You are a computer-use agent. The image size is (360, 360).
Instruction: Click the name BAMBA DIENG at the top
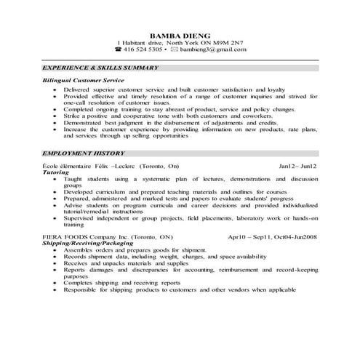pos(180,34)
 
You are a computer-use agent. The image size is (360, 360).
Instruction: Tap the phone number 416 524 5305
pos(142,49)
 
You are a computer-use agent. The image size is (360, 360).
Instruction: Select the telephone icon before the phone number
pos(118,49)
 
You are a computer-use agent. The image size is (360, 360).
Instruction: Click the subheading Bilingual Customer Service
pos(84,80)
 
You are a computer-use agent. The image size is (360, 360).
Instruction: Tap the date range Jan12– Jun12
pos(297,166)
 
